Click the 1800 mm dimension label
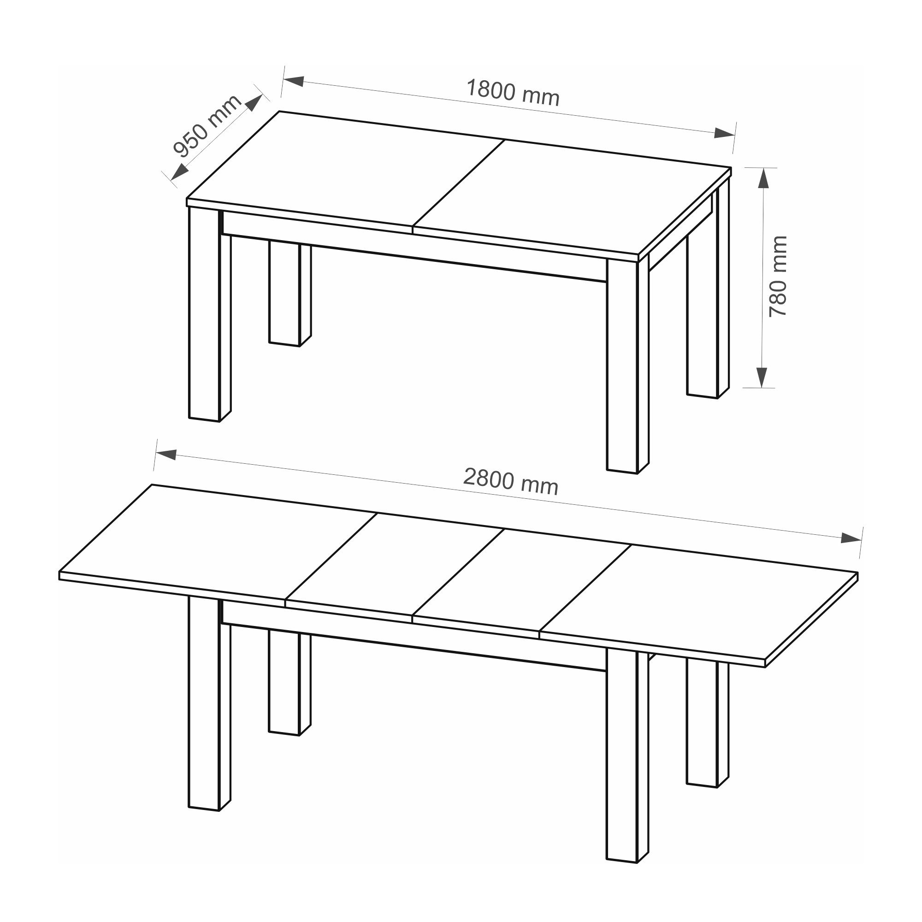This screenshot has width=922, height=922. pos(512,93)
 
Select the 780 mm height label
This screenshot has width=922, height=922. pos(778,276)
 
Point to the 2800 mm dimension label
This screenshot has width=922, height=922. pos(511,482)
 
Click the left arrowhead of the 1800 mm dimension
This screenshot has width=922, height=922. pos(294,81)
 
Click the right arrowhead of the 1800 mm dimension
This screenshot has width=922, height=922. pos(724,133)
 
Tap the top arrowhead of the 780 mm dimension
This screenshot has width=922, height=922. pos(763,178)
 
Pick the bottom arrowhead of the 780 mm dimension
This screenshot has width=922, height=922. pos(762,378)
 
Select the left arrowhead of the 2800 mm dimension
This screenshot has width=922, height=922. pos(166,455)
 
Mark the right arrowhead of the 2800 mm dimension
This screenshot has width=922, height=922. pos(851,538)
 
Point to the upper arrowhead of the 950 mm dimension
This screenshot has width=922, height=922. pos(254,103)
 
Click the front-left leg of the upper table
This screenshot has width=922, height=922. pos(210,315)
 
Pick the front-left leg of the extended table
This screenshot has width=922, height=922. pos(209,703)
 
